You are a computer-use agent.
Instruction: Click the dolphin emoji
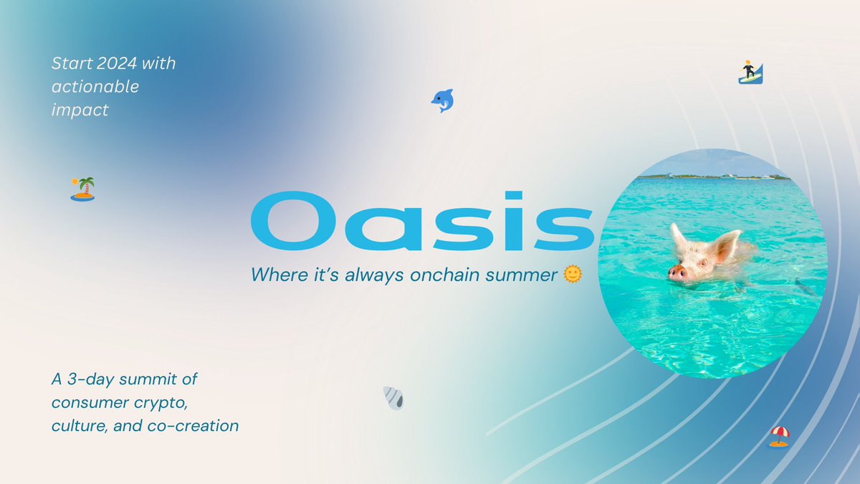pos(442,100)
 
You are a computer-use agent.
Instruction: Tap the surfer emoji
pos(750,72)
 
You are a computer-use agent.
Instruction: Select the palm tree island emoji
pos(82,189)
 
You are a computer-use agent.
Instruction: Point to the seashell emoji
pos(393,397)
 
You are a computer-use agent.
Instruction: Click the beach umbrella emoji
pos(779,436)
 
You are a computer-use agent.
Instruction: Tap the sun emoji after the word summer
pos(572,274)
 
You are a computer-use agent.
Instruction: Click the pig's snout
pos(676,272)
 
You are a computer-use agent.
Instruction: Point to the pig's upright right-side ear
pos(725,246)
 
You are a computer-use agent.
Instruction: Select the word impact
pos(80,110)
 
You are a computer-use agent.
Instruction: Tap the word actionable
pos(95,87)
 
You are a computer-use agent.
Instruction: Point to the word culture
pos(77,425)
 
